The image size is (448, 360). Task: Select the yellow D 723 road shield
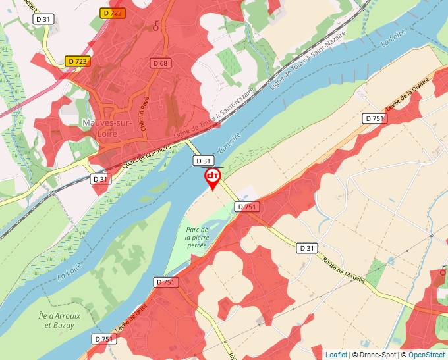[x=78, y=61]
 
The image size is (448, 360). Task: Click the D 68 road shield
[x=159, y=63]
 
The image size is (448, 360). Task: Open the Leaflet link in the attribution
[x=335, y=355]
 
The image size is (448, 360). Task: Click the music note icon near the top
[x=156, y=26]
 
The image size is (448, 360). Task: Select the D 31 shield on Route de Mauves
[x=306, y=248]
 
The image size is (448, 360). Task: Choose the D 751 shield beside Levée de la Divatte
[x=374, y=118]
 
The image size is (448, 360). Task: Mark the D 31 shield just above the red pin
[x=203, y=161]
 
